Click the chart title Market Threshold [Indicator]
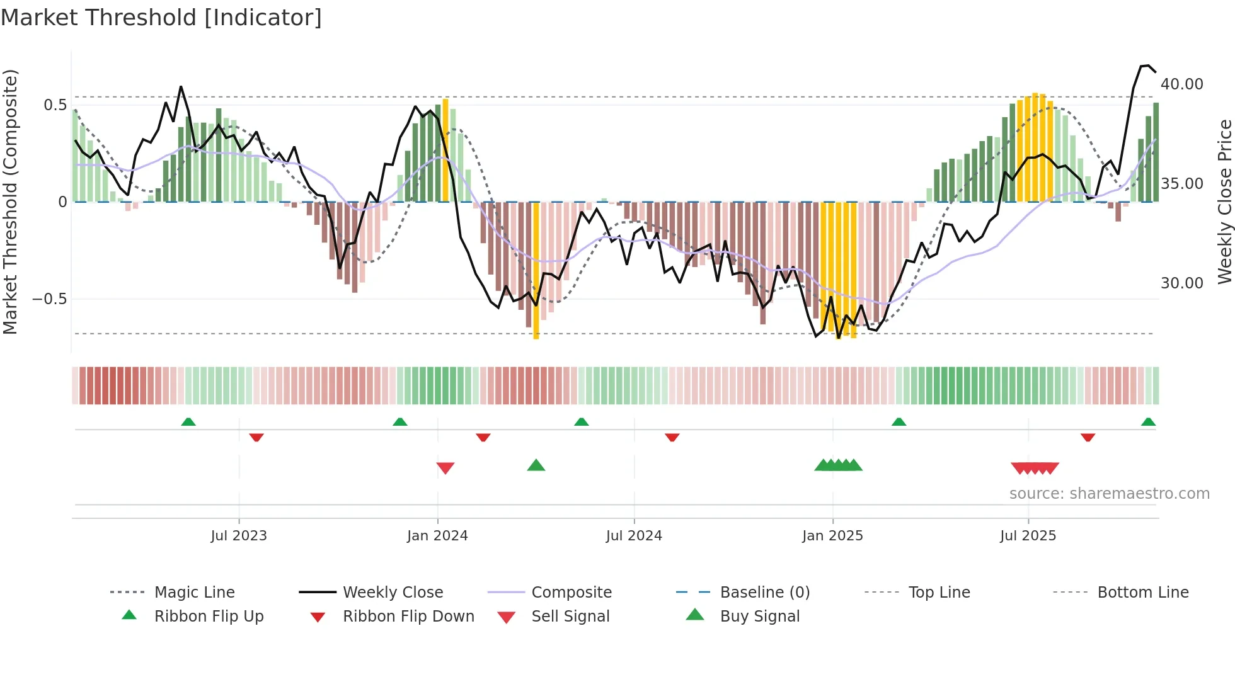(161, 18)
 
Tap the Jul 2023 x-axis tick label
(239, 536)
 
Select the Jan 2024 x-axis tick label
(437, 536)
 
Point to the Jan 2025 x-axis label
(832, 536)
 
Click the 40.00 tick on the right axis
(1181, 84)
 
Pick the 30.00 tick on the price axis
(1181, 283)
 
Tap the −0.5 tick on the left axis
(50, 299)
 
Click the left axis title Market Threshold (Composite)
(10, 202)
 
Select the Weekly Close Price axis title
(1224, 202)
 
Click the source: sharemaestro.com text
(1109, 494)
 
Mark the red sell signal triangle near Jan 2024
(445, 468)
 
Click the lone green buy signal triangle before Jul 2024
(536, 465)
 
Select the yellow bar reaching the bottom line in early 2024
(536, 271)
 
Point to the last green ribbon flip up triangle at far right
(1148, 422)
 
